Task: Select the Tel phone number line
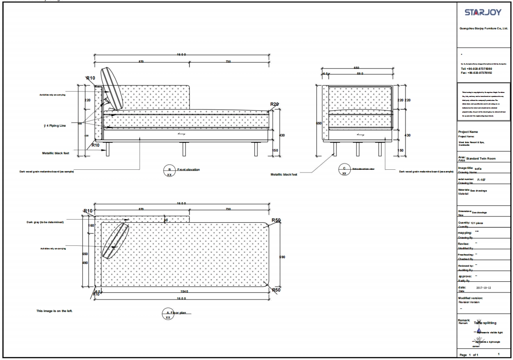[x=477, y=69]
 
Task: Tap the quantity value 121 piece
[x=479, y=223]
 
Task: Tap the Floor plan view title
[x=183, y=312]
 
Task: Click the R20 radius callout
[x=275, y=104]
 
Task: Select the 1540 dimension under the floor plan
[x=184, y=292]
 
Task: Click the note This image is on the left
[x=54, y=311]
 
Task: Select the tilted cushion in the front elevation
[x=111, y=88]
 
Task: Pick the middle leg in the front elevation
[x=183, y=149]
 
